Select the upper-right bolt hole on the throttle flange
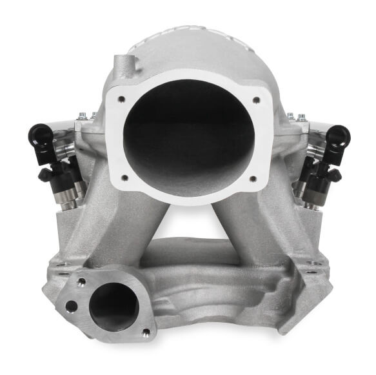tap(256, 100)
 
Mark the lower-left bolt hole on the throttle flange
tap(124, 177)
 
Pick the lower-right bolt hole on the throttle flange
tap(253, 178)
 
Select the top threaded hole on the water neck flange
tap(82, 282)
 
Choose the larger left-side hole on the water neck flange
tap(71, 306)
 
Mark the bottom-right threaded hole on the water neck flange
tap(146, 332)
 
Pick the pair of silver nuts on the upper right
tap(295, 117)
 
